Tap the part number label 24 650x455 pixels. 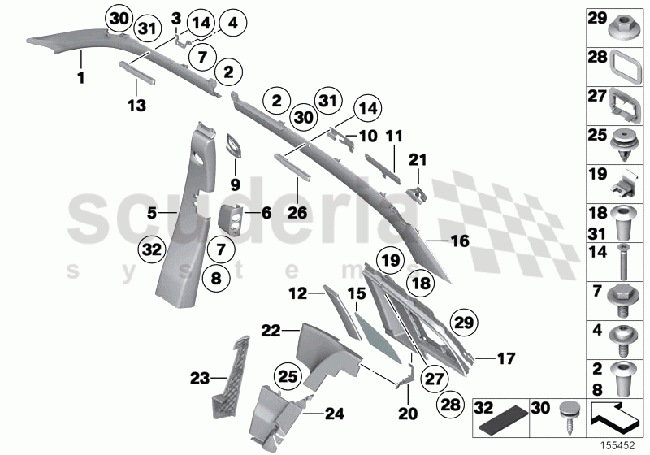(x=334, y=413)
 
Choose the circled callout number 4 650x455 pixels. (x=232, y=24)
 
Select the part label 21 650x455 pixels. (x=418, y=159)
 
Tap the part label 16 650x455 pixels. (x=460, y=240)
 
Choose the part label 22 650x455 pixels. (x=271, y=331)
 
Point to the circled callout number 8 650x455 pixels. (x=216, y=279)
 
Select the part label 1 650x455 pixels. (x=80, y=79)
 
